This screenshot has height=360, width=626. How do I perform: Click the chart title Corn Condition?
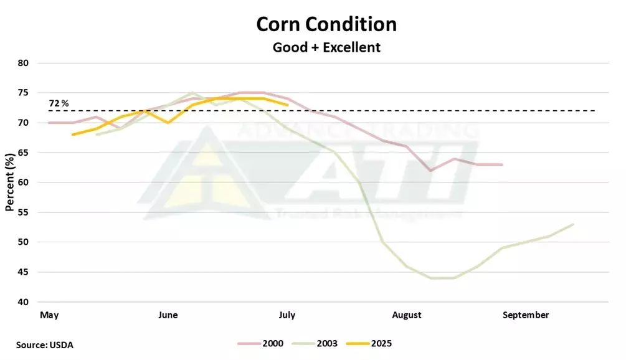tap(326, 24)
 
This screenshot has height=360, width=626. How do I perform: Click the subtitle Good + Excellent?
tap(326, 47)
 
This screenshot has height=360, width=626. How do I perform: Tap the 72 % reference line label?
tap(59, 102)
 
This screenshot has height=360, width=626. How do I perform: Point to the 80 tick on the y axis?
tap(24, 63)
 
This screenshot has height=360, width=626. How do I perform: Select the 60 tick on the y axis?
tap(24, 182)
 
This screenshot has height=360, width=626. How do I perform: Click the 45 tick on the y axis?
tap(24, 272)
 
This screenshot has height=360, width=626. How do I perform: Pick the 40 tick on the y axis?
tap(24, 302)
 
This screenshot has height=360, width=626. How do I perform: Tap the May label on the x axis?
tap(49, 315)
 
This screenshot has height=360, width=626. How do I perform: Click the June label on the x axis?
tap(168, 315)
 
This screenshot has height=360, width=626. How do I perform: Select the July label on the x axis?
tap(287, 315)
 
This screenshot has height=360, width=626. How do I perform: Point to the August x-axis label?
tap(407, 315)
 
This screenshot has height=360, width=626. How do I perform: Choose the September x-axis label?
tap(526, 315)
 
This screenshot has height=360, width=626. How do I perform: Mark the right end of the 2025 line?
tap(287, 105)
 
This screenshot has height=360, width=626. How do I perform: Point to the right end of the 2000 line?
tap(502, 164)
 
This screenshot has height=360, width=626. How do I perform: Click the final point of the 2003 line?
tap(573, 224)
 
